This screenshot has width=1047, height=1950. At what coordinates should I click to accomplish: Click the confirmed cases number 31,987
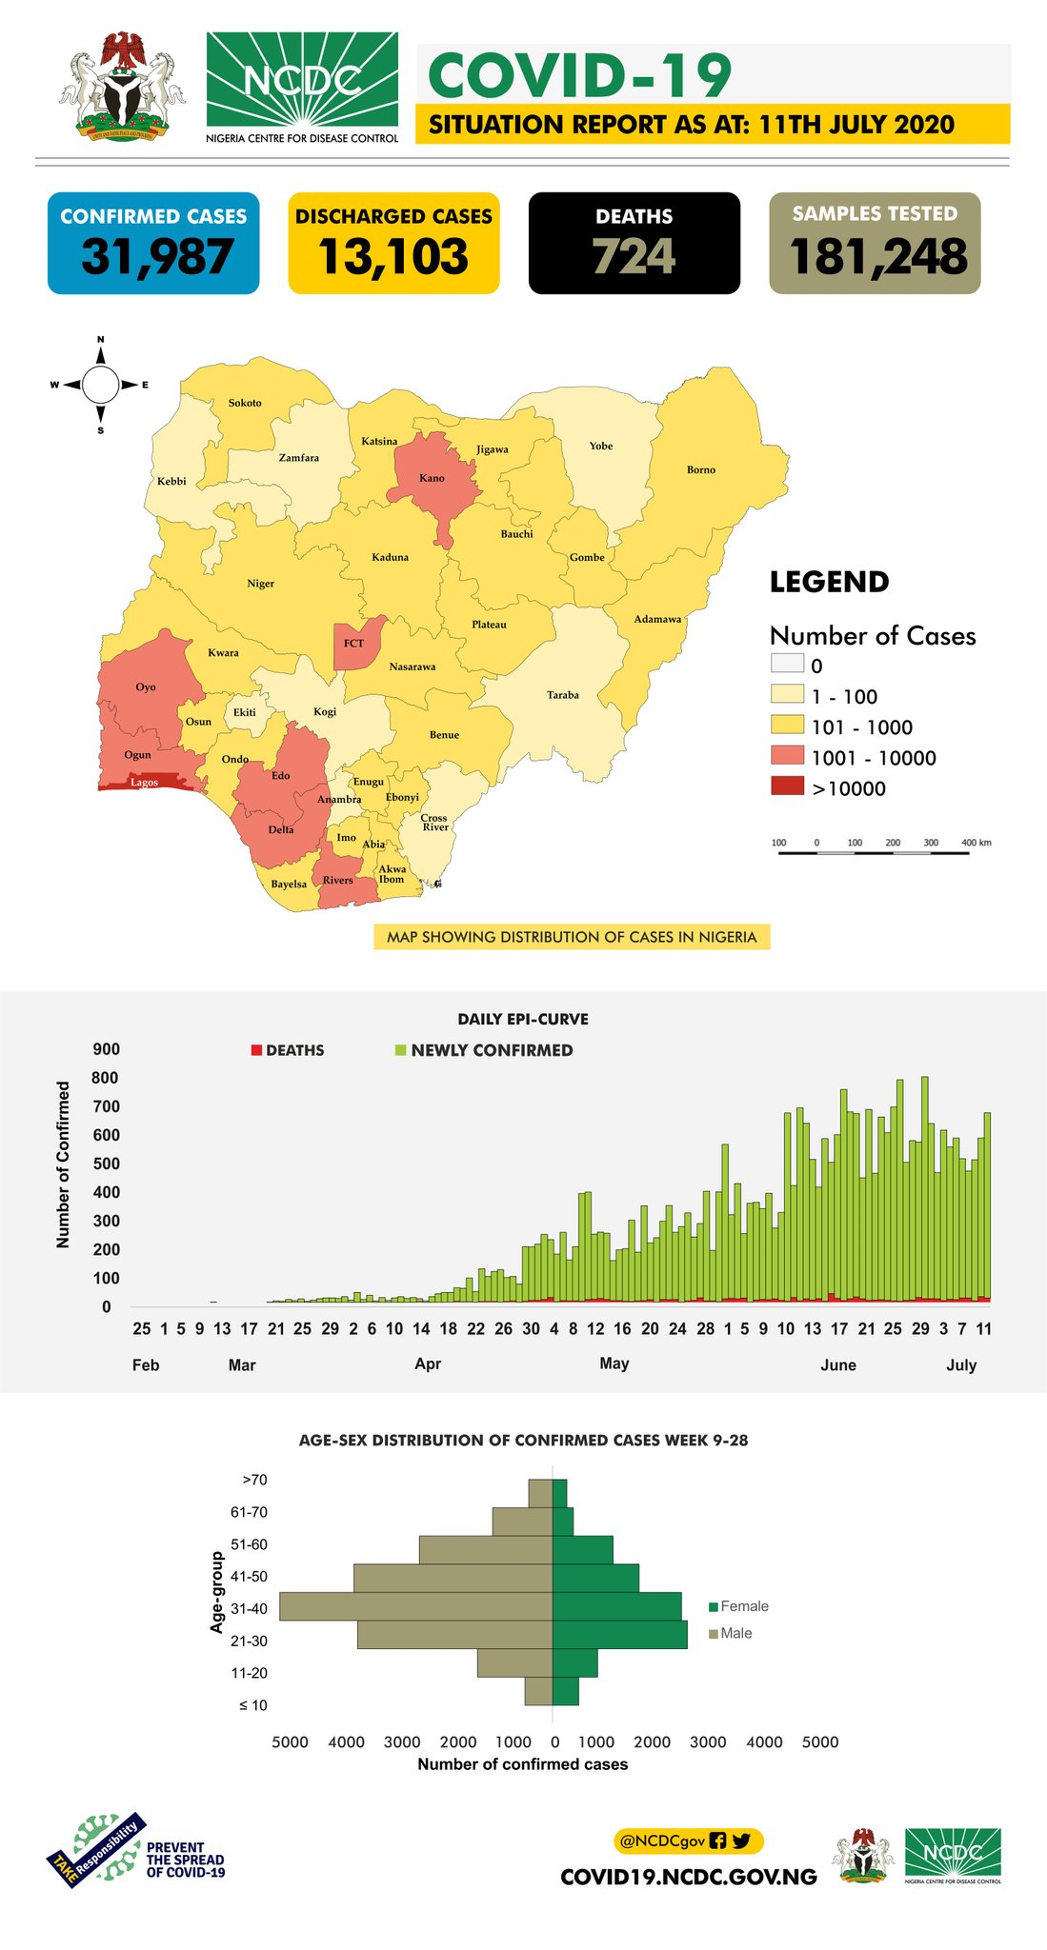click(x=157, y=257)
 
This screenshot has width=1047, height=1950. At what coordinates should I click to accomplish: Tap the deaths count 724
click(x=634, y=257)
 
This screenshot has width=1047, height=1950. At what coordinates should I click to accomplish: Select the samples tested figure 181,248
click(x=877, y=257)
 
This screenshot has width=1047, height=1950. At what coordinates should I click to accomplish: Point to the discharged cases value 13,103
click(x=393, y=257)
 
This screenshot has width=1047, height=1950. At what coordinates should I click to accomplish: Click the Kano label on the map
click(x=432, y=478)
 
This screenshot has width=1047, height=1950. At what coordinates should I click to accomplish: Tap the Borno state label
click(x=701, y=470)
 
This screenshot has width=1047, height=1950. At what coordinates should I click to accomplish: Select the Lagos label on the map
click(x=144, y=783)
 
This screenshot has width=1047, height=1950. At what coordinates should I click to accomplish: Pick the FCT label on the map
click(x=353, y=644)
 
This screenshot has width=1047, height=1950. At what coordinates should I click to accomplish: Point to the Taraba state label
click(x=563, y=695)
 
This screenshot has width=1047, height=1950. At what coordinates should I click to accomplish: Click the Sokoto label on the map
click(x=245, y=404)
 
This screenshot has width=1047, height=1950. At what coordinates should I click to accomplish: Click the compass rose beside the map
click(x=100, y=386)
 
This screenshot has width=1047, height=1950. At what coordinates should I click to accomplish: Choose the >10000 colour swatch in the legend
click(x=787, y=787)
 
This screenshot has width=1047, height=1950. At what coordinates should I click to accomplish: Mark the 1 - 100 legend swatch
click(x=787, y=696)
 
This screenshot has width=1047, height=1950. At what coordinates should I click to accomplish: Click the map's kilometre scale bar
click(x=874, y=853)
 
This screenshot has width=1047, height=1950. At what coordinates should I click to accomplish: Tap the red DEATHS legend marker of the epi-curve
click(x=256, y=1050)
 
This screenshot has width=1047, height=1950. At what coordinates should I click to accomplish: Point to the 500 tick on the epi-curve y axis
click(x=107, y=1164)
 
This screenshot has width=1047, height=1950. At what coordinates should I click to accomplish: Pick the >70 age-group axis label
click(x=254, y=1480)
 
